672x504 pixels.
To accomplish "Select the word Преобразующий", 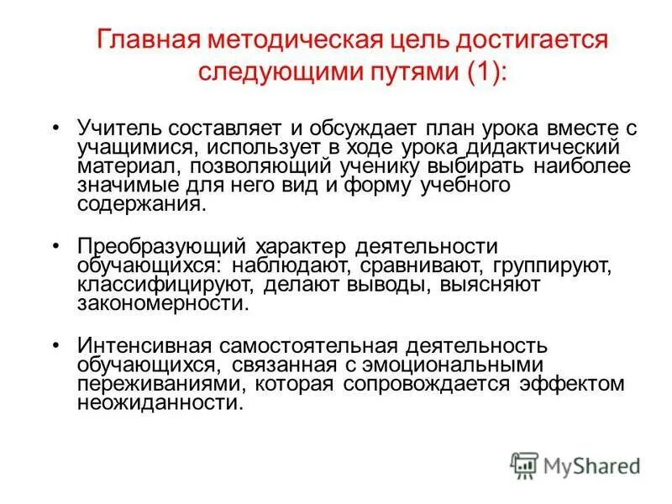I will pyautogui.click(x=160, y=247).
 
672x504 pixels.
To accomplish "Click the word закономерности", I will pyautogui.click(x=163, y=304).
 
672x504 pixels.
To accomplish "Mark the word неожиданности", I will pyautogui.click(x=160, y=403).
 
